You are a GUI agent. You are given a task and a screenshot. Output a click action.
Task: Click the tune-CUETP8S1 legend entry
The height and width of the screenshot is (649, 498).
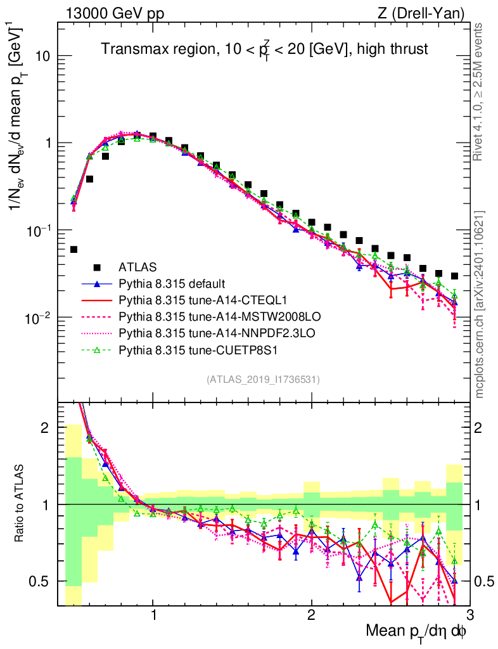pyautogui.click(x=183, y=348)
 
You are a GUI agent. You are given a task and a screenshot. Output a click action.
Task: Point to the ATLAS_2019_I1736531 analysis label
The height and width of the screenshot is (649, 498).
pyautogui.click(x=263, y=380)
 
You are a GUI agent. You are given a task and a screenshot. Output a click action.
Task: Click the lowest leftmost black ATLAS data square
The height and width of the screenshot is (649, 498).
pyautogui.click(x=73, y=250)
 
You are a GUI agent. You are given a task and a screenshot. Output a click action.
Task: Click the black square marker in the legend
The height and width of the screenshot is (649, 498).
pyautogui.click(x=97, y=267)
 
